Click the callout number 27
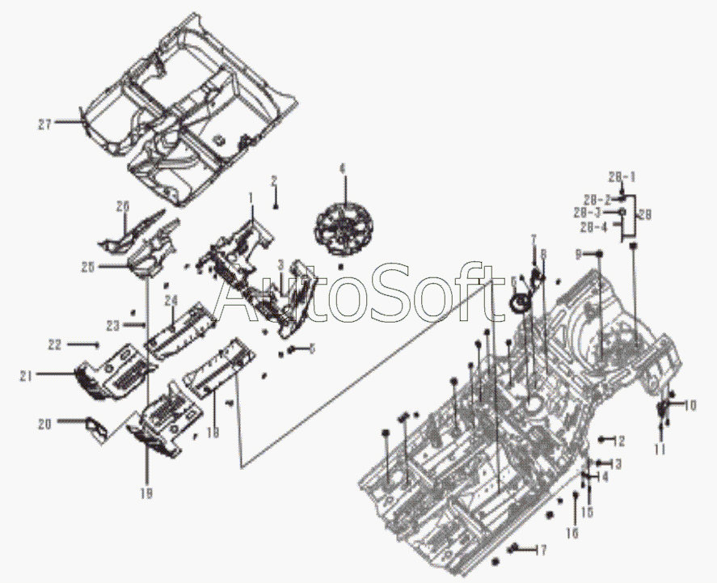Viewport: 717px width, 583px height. click(44, 124)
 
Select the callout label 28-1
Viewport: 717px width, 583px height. click(622, 176)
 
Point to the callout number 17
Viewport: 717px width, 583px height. click(539, 551)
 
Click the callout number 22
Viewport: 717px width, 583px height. click(55, 344)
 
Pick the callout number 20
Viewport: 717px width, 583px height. click(45, 422)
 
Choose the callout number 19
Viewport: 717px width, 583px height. click(147, 492)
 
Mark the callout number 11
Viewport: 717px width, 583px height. click(660, 449)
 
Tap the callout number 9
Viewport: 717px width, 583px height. click(578, 254)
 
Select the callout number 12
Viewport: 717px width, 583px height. click(620, 441)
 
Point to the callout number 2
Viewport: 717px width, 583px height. click(274, 180)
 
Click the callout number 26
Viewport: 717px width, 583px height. click(122, 206)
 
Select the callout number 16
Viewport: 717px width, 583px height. click(571, 533)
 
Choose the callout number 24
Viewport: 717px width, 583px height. click(171, 301)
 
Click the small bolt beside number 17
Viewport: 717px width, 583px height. click(514, 549)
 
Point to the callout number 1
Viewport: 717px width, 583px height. click(251, 196)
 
